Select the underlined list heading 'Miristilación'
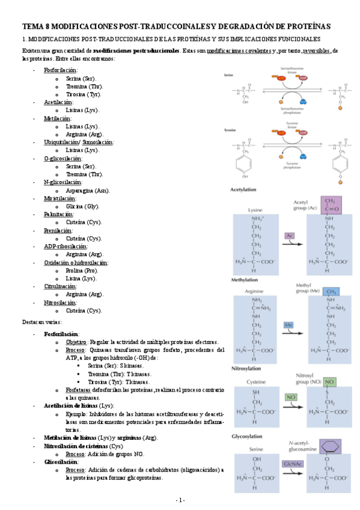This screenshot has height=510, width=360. [x=59, y=198]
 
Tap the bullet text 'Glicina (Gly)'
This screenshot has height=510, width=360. [x=83, y=206]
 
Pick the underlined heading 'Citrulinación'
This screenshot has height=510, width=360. [x=59, y=287]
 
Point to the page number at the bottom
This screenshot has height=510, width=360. [x=180, y=500]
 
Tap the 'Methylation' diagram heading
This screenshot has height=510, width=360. [x=244, y=281]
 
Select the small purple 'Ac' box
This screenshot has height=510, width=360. [x=289, y=235]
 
